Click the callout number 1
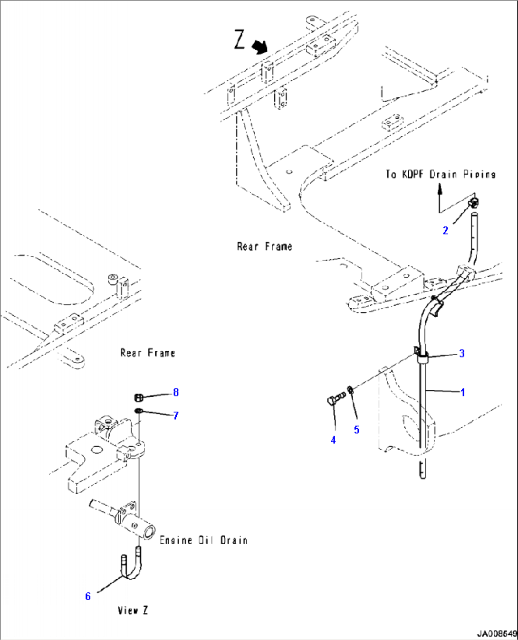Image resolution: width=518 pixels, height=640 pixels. pyautogui.click(x=463, y=392)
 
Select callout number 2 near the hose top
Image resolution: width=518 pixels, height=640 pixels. pyautogui.click(x=445, y=231)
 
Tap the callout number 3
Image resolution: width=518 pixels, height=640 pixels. pyautogui.click(x=461, y=353)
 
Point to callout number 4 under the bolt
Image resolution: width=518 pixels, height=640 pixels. pyautogui.click(x=333, y=440)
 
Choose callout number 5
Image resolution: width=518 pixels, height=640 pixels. pyautogui.click(x=356, y=430)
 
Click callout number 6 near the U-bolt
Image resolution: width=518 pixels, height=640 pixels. pyautogui.click(x=88, y=596)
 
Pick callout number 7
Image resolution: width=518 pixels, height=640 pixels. pyautogui.click(x=176, y=415)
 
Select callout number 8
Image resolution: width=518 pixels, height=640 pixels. pyautogui.click(x=176, y=392)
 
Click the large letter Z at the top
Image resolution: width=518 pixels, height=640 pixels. pyautogui.click(x=240, y=39)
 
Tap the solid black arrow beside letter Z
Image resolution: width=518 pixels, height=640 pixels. pyautogui.click(x=259, y=47)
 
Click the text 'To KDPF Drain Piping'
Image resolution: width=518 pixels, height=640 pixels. pyautogui.click(x=440, y=174)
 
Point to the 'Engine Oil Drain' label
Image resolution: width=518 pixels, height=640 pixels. pyautogui.click(x=203, y=540)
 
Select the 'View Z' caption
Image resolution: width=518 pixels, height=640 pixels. pyautogui.click(x=133, y=610)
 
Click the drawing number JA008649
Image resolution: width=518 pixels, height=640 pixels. pyautogui.click(x=496, y=634)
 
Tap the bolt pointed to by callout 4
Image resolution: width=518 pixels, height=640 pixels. pyautogui.click(x=336, y=399)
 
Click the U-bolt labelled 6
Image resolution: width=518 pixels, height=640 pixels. pyautogui.click(x=131, y=566)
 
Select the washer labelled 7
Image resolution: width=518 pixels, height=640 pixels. pyautogui.click(x=138, y=410)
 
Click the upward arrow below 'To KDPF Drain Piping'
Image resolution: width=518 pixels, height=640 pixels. pyautogui.click(x=440, y=191)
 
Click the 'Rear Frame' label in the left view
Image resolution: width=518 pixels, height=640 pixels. pyautogui.click(x=147, y=353)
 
